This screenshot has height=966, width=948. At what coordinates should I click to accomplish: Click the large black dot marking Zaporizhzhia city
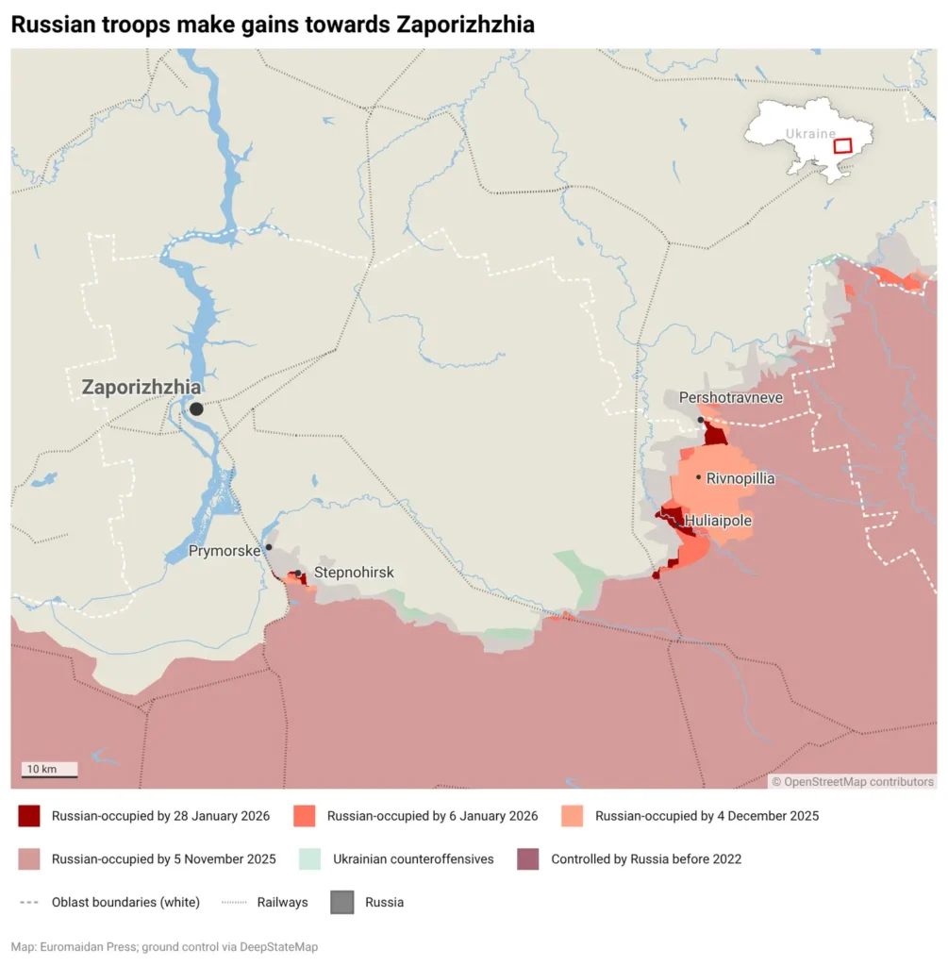tap(196, 408)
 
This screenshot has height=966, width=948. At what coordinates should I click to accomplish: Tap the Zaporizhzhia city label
tap(141, 388)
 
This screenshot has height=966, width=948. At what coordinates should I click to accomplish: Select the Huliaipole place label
tap(718, 520)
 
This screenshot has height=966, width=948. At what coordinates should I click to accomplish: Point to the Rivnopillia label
tap(740, 478)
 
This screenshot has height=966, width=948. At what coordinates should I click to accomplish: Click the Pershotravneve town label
tap(731, 398)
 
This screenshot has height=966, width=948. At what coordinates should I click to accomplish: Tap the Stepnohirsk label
tap(354, 573)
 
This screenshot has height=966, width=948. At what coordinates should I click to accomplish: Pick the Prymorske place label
tap(224, 551)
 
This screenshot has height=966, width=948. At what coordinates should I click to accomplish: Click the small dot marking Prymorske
tap(269, 547)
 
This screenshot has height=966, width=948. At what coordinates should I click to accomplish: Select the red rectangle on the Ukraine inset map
tap(842, 146)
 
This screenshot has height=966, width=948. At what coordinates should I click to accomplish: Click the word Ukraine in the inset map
tap(810, 134)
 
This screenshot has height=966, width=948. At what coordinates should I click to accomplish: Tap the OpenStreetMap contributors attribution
tap(853, 781)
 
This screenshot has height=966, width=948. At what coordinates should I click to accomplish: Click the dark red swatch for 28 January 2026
tap(29, 816)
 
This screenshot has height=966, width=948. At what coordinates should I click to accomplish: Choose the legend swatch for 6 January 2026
tap(305, 816)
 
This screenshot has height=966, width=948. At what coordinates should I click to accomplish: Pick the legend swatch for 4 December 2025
tap(573, 816)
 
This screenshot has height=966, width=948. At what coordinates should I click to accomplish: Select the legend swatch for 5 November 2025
tap(29, 859)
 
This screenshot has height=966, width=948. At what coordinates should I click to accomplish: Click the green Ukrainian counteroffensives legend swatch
tap(310, 859)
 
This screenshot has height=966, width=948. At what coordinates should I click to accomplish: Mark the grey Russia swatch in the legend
tap(341, 902)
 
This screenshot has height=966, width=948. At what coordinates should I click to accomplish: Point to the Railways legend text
tap(282, 902)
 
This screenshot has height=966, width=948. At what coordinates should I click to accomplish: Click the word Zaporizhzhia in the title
tap(465, 25)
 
